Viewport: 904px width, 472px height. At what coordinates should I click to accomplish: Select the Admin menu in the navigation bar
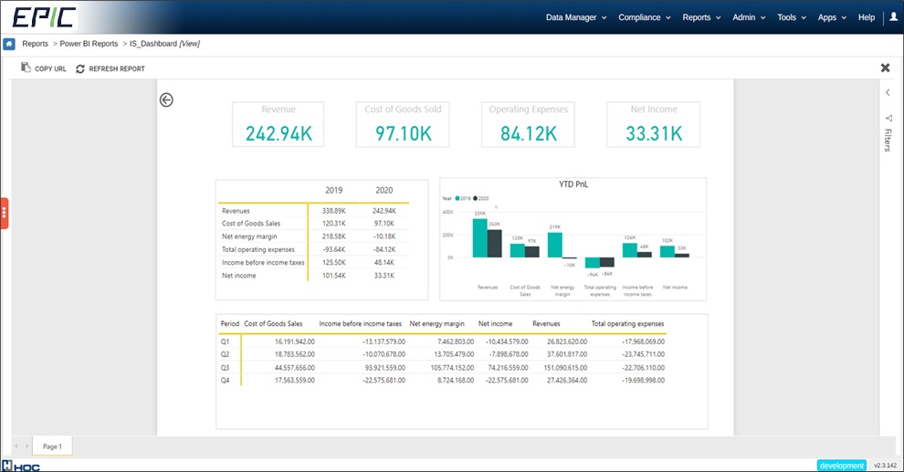pos(749,17)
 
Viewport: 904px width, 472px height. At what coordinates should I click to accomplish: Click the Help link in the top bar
pos(867,17)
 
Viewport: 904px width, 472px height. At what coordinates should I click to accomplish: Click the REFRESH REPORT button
pos(110,68)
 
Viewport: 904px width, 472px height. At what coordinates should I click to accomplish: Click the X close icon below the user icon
pos(885,68)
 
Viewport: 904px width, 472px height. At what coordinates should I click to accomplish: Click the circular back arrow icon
pos(166,100)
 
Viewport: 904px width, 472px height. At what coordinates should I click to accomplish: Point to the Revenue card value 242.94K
pos(279,133)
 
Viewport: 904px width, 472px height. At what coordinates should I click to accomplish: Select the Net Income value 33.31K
pos(654,133)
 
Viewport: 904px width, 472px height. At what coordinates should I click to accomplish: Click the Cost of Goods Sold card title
pos(403,110)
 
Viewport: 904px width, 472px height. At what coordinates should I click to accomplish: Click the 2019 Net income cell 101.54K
pos(335,275)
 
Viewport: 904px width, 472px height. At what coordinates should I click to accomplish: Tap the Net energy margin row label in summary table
pos(248,236)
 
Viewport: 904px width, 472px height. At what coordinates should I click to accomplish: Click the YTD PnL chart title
pos(573,184)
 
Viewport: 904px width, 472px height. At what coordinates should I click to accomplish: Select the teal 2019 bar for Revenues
pos(479,238)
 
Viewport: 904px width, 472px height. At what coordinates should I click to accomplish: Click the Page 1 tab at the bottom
pos(52,446)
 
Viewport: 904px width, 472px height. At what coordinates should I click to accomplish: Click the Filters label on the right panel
pos(887,140)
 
